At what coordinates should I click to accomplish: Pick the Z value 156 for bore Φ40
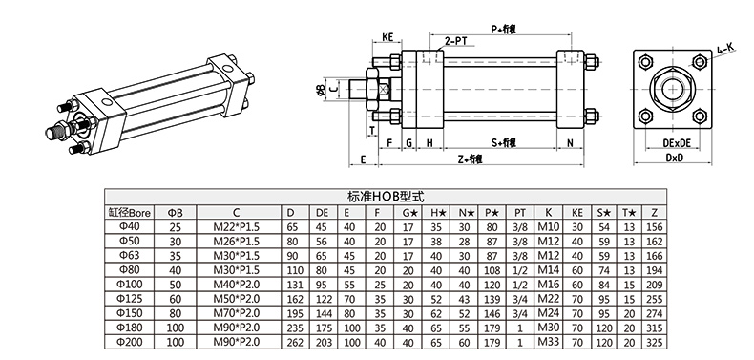tap(653, 227)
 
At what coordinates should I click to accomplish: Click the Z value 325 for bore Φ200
tap(653, 341)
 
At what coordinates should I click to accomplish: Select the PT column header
tap(520, 212)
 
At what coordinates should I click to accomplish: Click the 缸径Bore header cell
tap(128, 212)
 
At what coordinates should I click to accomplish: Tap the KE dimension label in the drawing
tap(389, 37)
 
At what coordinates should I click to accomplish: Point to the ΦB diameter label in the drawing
tap(320, 90)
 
